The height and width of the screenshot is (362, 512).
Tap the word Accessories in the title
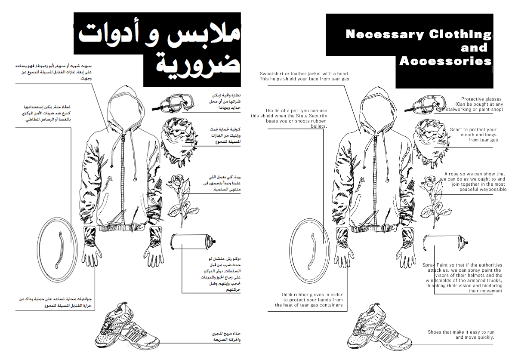click(x=445, y=61)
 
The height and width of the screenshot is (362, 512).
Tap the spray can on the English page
click(x=442, y=243)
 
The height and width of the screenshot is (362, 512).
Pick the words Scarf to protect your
click(x=473, y=129)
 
